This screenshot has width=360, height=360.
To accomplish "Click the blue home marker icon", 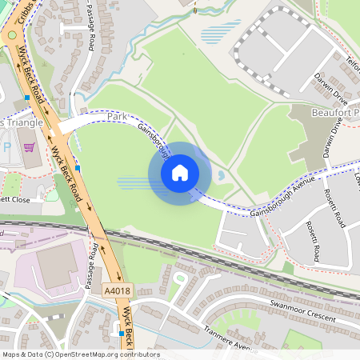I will click(180, 172).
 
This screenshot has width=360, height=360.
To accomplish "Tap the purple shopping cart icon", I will click(30, 147).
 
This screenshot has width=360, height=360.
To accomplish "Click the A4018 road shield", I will click(114, 293).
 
